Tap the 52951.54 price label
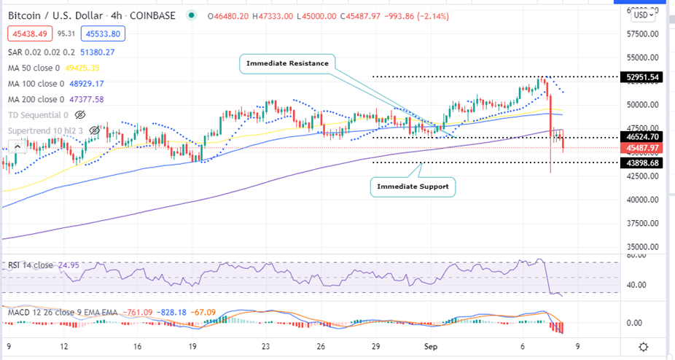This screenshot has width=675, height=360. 642,77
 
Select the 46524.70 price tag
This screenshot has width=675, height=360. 642,136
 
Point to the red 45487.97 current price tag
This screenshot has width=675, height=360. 642,148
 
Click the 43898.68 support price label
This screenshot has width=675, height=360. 642,163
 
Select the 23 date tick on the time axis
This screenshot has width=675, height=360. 266,347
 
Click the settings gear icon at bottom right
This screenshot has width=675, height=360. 644,346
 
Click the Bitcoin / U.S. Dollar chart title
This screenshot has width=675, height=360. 66,16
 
